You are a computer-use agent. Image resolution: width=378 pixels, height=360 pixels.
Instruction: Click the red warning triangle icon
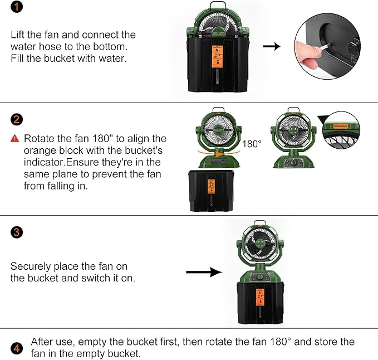pos(16,138)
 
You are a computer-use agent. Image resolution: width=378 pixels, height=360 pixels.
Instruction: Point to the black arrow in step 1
pos(271,46)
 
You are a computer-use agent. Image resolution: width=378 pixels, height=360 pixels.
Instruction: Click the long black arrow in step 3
pos(204,273)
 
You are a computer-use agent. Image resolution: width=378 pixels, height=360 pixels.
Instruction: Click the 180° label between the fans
pos(252,144)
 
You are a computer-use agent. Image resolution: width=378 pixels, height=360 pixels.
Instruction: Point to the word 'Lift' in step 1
pos(18,35)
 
